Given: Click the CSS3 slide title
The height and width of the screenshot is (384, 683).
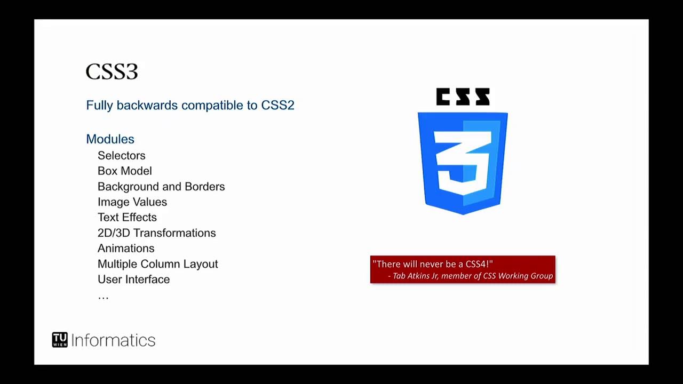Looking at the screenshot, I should point(112,72).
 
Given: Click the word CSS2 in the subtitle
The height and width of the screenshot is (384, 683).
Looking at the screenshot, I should point(277,105).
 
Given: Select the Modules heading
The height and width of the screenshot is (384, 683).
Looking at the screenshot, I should point(110,139).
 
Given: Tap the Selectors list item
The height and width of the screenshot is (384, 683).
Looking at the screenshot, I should point(121,156).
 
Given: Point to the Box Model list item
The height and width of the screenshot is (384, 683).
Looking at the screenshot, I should point(124,171).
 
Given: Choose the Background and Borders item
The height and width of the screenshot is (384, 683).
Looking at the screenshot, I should point(161,187).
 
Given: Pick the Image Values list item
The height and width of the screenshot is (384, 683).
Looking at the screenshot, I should point(132,202).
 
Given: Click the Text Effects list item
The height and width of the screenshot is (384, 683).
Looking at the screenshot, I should point(127,218).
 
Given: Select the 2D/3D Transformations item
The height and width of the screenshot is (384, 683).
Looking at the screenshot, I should point(156,233).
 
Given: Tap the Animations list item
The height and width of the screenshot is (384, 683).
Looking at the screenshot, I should point(126,249).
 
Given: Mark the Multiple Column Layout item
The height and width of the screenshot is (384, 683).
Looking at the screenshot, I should point(157,264).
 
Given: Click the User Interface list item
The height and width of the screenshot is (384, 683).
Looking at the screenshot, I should point(133,279).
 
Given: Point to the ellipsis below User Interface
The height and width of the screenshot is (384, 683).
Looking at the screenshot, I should point(103,297).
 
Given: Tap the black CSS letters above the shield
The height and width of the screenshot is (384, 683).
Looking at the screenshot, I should point(463,97).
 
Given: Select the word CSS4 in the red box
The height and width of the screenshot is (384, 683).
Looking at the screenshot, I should point(477,264).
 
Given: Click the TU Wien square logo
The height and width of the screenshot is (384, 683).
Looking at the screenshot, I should point(60,340).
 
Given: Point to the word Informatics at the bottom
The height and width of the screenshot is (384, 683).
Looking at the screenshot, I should point(113,340).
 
